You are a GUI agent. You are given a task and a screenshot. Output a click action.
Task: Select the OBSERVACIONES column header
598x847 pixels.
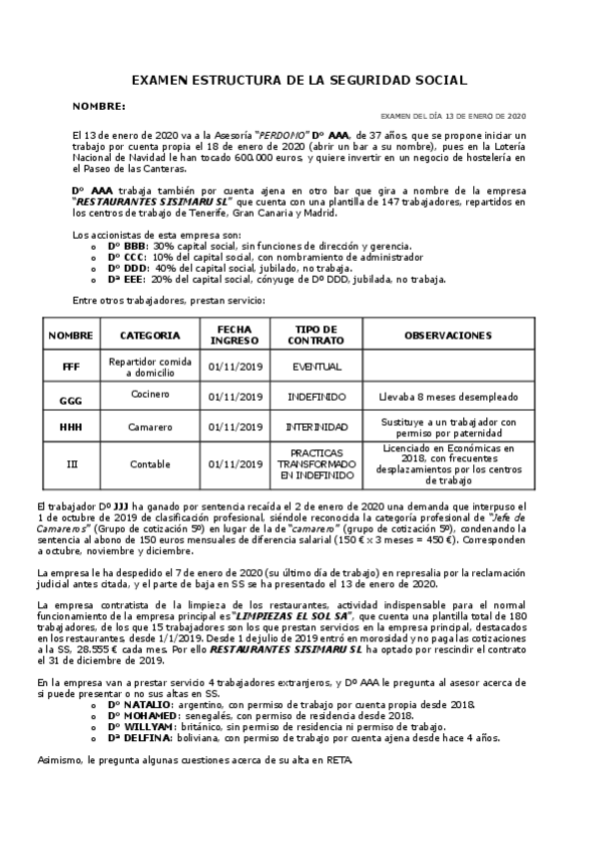click(x=447, y=336)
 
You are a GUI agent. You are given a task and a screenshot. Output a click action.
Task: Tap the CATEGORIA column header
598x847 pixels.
click(x=150, y=336)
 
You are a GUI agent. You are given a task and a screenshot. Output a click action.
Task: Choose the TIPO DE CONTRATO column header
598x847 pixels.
click(x=316, y=336)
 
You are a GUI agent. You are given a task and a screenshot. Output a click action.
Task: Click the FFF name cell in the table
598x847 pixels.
click(x=70, y=367)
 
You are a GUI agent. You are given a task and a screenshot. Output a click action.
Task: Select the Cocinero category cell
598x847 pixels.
click(x=150, y=395)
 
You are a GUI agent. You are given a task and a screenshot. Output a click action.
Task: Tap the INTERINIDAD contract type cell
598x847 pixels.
click(x=316, y=426)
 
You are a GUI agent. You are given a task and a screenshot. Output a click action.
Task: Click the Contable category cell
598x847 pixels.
click(x=150, y=464)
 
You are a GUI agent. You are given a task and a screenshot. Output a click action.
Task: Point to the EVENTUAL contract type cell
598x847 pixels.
click(x=316, y=367)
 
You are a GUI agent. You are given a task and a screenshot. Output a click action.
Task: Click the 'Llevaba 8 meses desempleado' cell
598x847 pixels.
click(x=447, y=397)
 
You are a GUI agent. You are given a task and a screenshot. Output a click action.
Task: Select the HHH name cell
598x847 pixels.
click(x=70, y=426)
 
